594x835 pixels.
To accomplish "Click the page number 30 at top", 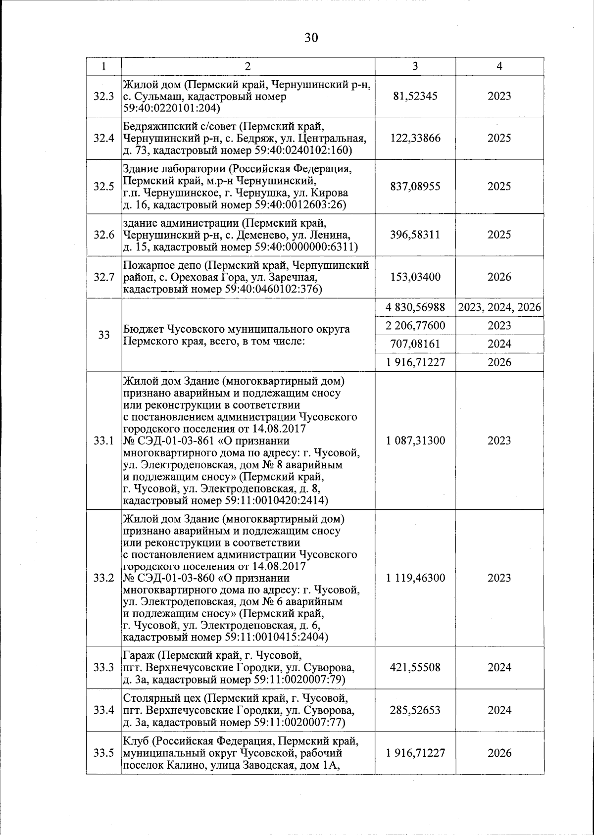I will (311, 38).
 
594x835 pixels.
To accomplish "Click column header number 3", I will (415, 66).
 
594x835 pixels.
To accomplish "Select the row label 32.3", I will (103, 96).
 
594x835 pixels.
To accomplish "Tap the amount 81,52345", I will (415, 96).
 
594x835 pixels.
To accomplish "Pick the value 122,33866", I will (415, 138).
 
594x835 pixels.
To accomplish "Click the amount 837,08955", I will (415, 187).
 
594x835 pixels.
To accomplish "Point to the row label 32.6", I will (103, 235).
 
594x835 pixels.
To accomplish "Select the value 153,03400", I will (415, 277).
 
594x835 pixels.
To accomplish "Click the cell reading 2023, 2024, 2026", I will (499, 307).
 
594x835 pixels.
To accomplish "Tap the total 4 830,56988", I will (415, 307).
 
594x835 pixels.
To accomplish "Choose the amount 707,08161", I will (415, 344).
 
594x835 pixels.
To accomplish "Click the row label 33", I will (103, 335).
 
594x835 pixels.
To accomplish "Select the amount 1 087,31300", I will (415, 441).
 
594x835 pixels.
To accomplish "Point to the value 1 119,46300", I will (415, 578).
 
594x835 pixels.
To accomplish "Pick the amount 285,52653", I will (415, 710).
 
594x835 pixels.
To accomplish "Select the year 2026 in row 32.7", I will (499, 277).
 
